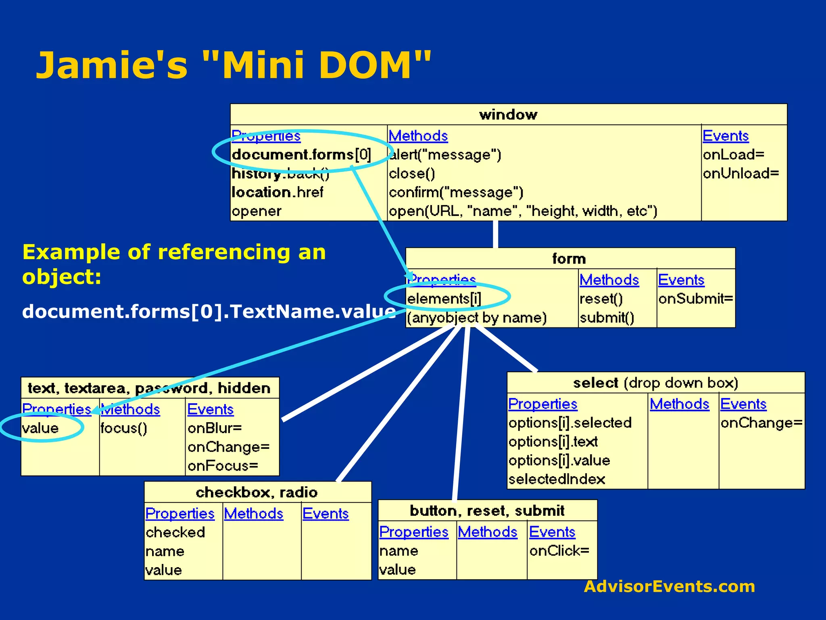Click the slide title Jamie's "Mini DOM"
click(x=234, y=65)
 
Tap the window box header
click(x=508, y=115)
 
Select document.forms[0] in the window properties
click(x=301, y=155)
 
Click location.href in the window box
click(x=277, y=192)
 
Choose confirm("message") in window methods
click(x=456, y=192)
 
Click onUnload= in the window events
click(x=740, y=174)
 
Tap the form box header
click(x=569, y=259)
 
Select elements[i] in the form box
click(x=444, y=299)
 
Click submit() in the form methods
click(x=607, y=318)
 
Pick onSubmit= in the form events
click(x=695, y=299)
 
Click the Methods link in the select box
click(x=679, y=404)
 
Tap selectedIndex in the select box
click(x=557, y=479)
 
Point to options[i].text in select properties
click(x=553, y=442)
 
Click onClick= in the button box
click(x=559, y=551)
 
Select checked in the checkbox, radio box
click(x=175, y=532)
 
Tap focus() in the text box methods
click(x=124, y=428)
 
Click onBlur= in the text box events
click(x=214, y=428)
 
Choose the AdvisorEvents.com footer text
click(x=669, y=586)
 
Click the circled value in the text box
click(x=40, y=428)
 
